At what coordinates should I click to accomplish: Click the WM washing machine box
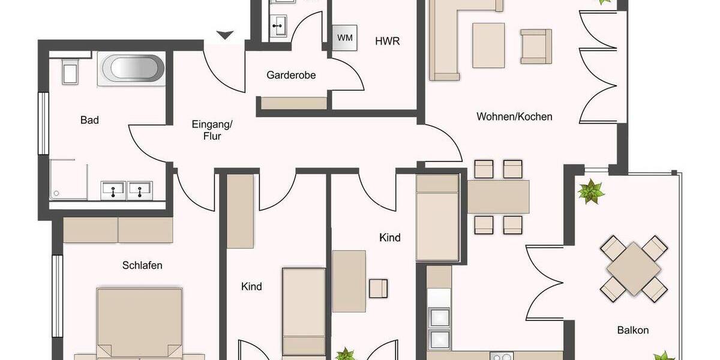(345, 38)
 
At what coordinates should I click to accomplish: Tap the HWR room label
(387, 41)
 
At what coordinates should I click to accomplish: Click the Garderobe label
(291, 76)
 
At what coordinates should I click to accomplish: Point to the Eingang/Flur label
(212, 130)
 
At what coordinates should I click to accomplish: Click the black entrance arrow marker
(225, 35)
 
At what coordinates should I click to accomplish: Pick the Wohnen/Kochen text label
(514, 116)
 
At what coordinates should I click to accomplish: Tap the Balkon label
(633, 330)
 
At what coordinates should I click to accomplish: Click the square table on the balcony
(634, 268)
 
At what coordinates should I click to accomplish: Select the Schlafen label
(142, 265)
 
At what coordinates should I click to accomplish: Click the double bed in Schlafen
(140, 324)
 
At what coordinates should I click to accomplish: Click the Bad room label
(89, 120)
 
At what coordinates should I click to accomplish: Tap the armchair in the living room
(535, 46)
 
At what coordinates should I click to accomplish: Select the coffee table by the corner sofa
(488, 45)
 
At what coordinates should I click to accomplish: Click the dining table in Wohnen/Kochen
(499, 197)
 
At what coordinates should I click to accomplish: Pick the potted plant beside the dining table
(590, 192)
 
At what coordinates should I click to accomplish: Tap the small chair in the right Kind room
(379, 288)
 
